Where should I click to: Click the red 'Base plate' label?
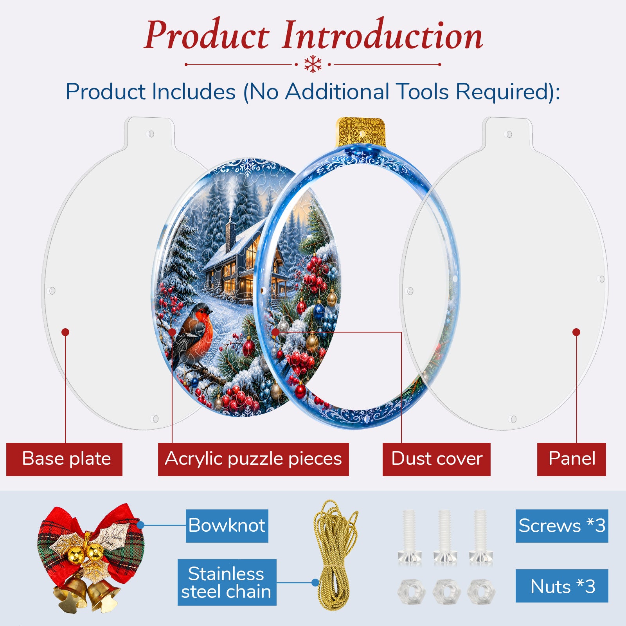point(64,459)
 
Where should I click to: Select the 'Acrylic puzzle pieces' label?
point(253,459)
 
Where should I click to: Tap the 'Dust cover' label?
point(436,459)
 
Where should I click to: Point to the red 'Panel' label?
point(571,459)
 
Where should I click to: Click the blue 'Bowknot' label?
point(227,526)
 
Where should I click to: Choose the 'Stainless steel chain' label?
point(227,582)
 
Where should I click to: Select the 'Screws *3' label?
point(562,526)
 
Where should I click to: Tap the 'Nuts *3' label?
point(562,586)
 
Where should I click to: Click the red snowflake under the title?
point(313,64)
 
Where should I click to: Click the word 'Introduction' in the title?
point(382,36)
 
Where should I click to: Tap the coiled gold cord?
point(336,555)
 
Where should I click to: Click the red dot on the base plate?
point(65,332)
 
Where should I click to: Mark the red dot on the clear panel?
point(576,332)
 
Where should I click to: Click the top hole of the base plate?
point(151,134)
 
